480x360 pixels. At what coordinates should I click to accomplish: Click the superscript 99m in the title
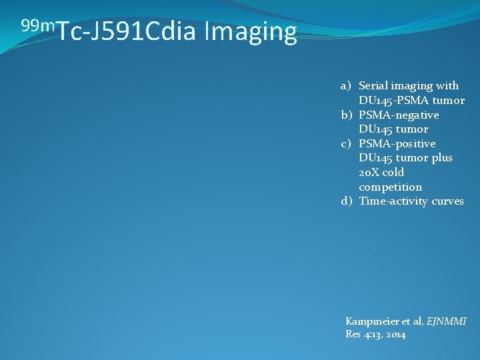click(39, 26)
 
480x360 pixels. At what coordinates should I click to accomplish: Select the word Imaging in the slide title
click(251, 32)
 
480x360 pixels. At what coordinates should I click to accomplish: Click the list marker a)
click(346, 85)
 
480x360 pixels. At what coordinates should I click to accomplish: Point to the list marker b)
click(346, 115)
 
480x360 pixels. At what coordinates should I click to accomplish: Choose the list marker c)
click(346, 143)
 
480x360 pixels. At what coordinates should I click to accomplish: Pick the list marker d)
click(346, 201)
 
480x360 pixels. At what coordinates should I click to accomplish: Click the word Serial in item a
click(374, 85)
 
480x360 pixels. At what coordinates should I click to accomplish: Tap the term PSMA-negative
click(399, 115)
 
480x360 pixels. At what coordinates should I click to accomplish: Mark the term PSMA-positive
click(397, 143)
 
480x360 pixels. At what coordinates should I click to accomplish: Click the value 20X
click(369, 172)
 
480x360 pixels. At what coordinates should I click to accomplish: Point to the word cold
click(393, 172)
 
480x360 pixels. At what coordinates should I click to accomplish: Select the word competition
click(390, 187)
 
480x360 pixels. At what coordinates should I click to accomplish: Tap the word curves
click(447, 201)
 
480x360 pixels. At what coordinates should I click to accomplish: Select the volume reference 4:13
click(370, 334)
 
